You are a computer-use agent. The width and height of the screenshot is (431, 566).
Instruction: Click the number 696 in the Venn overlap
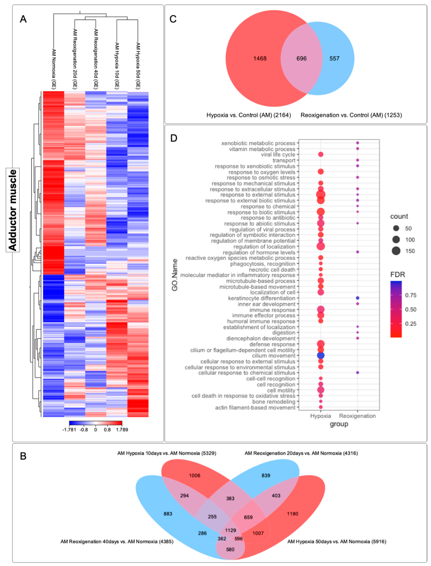coord(301,59)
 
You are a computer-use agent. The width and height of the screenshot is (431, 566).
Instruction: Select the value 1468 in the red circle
coord(260,59)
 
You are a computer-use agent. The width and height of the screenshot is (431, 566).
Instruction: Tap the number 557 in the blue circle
coord(334,59)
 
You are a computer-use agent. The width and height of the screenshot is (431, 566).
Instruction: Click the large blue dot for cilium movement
coord(321,355)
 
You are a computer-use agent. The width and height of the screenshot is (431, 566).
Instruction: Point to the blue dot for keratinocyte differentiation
coord(357,298)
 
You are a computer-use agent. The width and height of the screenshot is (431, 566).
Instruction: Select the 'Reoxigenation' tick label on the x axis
coord(357,416)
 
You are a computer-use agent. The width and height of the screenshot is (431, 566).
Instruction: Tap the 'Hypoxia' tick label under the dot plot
coord(320,416)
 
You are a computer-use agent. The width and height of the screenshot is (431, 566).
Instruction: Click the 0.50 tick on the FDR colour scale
coord(410,309)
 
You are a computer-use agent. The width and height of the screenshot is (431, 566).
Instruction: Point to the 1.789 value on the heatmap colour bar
coord(122,430)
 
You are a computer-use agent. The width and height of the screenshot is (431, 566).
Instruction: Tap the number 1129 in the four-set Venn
coord(230,530)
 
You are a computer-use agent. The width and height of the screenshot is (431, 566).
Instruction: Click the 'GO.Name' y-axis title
coord(175,275)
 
